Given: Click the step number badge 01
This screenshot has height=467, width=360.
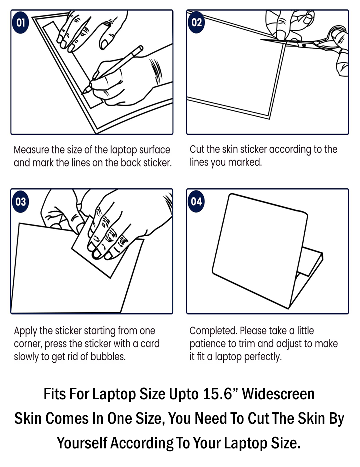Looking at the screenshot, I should point(21,23).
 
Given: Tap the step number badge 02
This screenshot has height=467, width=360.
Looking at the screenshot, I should point(197,23).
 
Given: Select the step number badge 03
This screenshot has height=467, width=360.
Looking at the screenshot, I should point(21,202).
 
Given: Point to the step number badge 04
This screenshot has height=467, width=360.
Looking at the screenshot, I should point(197,202).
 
